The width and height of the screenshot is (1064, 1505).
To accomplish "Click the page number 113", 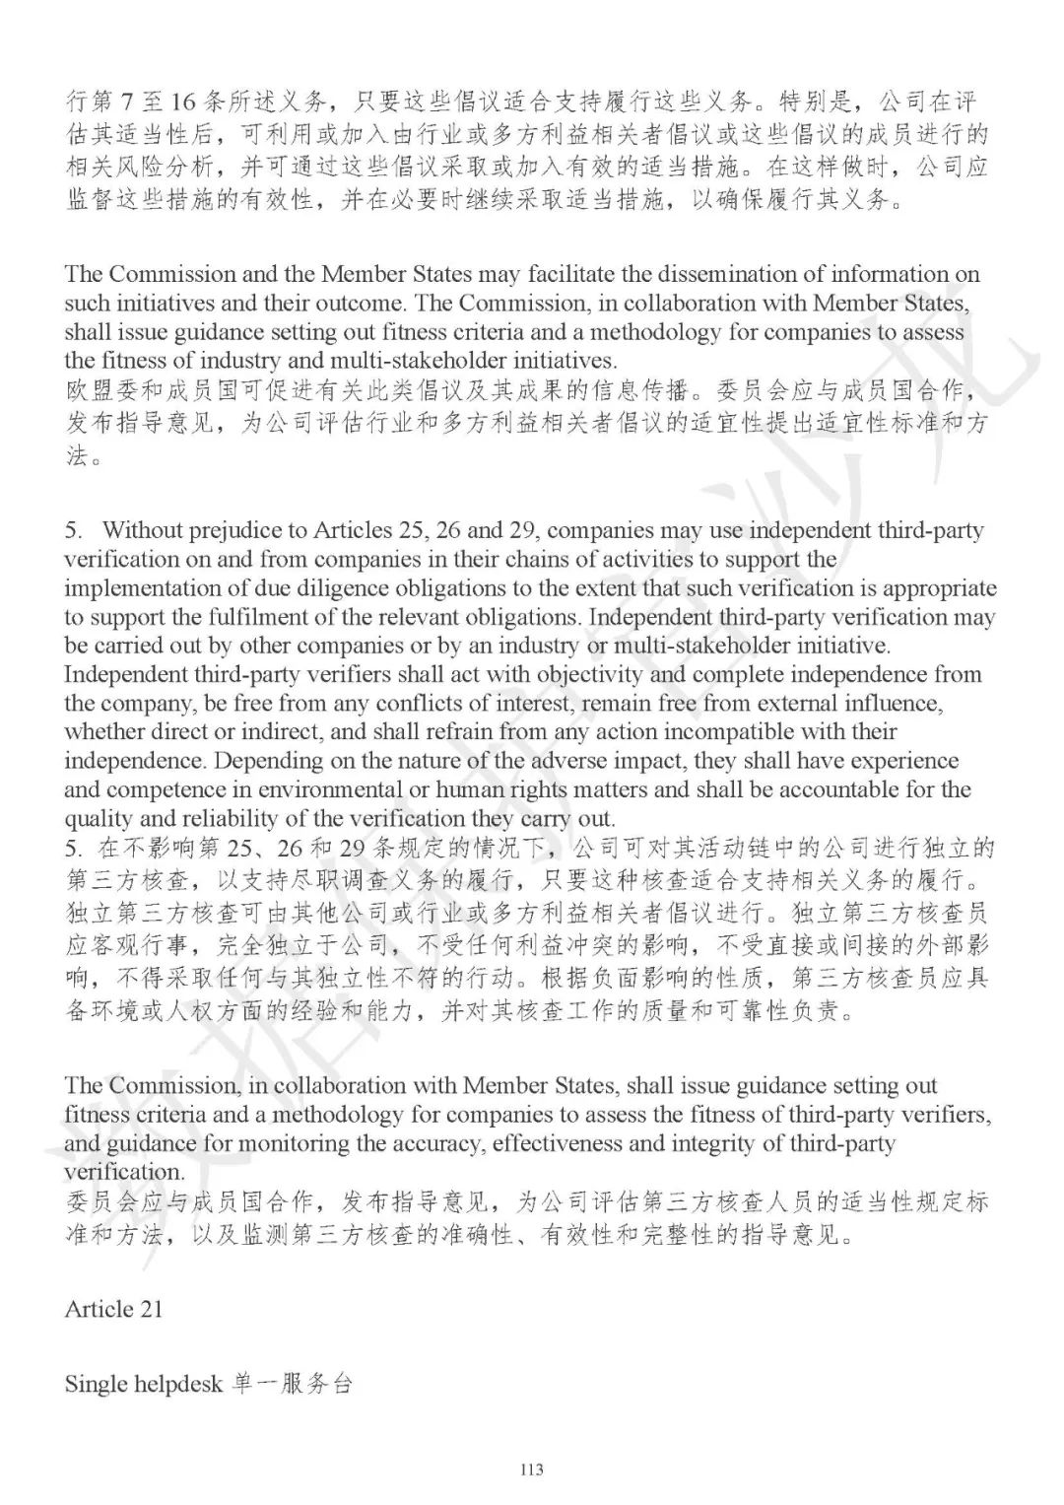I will [531, 1471].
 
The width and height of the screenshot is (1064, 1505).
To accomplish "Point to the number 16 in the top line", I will [183, 103].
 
